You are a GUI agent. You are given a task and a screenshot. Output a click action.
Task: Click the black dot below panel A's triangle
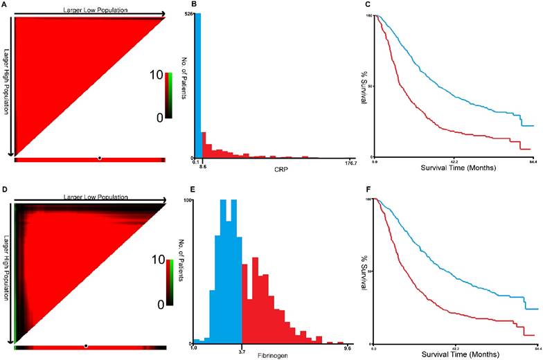[x=100, y=159]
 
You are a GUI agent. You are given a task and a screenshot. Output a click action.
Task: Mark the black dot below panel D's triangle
[x=86, y=345]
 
